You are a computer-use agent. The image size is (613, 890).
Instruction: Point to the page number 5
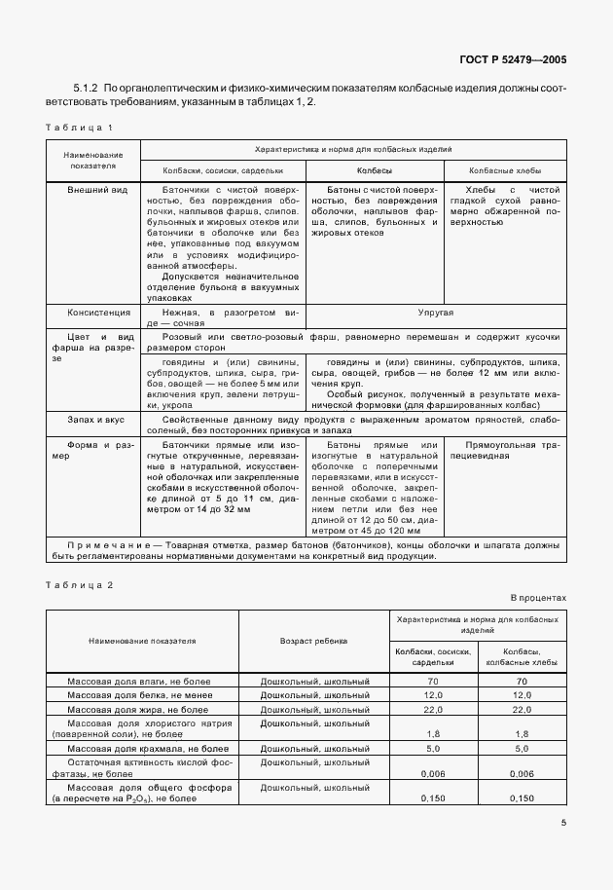click(563, 822)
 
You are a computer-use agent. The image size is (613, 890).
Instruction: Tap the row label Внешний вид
click(92, 191)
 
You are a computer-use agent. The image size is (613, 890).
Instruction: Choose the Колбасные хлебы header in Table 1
click(505, 169)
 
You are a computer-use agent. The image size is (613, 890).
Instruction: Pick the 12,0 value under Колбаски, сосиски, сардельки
click(432, 695)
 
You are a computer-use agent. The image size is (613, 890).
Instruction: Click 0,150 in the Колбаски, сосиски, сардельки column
click(432, 797)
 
